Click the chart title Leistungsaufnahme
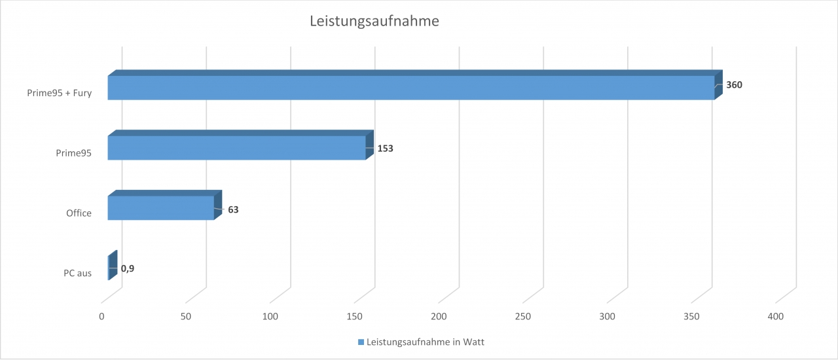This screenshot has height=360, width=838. pyautogui.click(x=374, y=22)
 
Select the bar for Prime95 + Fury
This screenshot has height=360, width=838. pyautogui.click(x=410, y=88)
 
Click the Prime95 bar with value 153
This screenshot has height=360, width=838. pyautogui.click(x=236, y=148)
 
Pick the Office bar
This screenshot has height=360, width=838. pyautogui.click(x=160, y=207)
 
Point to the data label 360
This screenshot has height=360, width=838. pyautogui.click(x=734, y=85)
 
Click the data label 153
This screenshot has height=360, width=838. pyautogui.click(x=385, y=149)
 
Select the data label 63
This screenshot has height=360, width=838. pyautogui.click(x=234, y=210)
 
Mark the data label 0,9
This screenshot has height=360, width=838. pyautogui.click(x=128, y=268)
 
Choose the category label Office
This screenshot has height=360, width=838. pyautogui.click(x=79, y=213)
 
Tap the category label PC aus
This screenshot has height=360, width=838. pyautogui.click(x=77, y=273)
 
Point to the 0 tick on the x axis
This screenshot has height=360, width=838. pyautogui.click(x=102, y=317)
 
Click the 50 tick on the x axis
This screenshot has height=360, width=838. pyautogui.click(x=186, y=317)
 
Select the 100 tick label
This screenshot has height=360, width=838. pyautogui.click(x=270, y=317)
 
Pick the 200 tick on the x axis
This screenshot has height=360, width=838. pyautogui.click(x=439, y=317)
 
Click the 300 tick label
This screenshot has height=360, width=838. pyautogui.click(x=608, y=317)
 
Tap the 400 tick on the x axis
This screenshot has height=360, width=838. pyautogui.click(x=776, y=317)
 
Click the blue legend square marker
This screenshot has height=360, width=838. pyautogui.click(x=361, y=342)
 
